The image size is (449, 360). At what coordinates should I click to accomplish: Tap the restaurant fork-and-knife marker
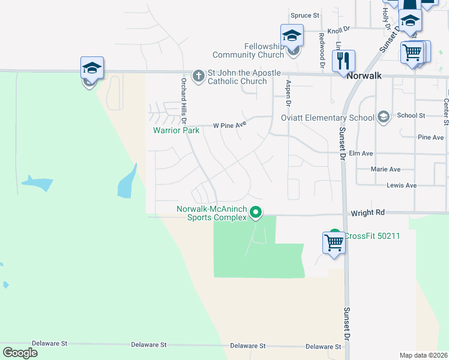(x=343, y=61)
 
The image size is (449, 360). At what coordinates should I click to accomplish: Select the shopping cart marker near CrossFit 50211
(x=334, y=243)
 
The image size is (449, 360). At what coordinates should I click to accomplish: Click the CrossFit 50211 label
(x=372, y=236)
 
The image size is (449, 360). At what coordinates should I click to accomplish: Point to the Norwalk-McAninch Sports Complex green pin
(x=256, y=212)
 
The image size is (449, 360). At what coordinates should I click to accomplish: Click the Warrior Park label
(x=176, y=130)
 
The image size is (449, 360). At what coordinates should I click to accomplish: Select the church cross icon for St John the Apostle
(x=199, y=76)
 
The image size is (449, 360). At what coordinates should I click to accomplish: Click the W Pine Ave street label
(x=230, y=126)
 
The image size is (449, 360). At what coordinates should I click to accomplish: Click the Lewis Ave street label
(x=402, y=186)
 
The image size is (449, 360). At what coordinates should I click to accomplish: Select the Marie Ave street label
(x=386, y=170)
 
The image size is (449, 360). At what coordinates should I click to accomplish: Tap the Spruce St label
(x=305, y=16)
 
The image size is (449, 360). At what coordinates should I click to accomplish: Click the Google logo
(x=20, y=353)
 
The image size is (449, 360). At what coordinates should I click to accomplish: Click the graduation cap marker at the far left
(x=92, y=68)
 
